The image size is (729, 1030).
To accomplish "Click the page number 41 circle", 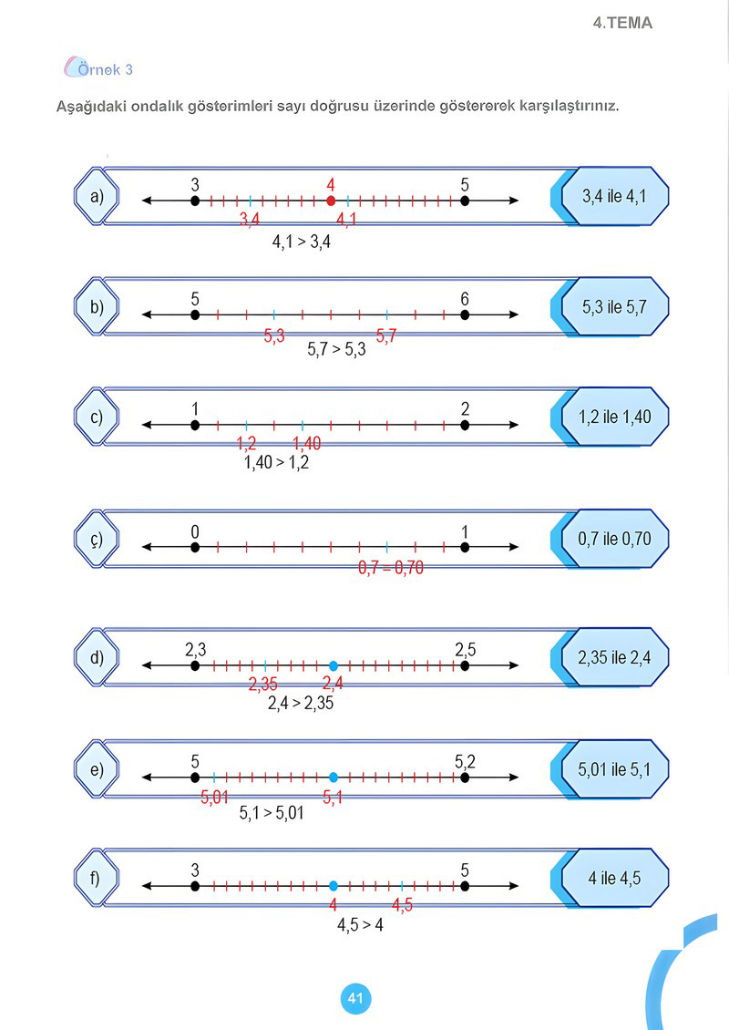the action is (x=355, y=998).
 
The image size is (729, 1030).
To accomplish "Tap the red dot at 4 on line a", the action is (x=331, y=201).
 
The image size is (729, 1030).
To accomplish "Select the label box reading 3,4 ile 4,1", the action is (x=615, y=196).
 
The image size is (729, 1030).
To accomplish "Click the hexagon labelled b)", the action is (x=97, y=307).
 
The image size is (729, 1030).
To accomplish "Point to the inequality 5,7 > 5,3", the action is (x=336, y=349).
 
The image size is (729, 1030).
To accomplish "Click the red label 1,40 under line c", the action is (x=307, y=444).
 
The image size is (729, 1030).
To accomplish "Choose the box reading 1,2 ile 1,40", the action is (x=615, y=417).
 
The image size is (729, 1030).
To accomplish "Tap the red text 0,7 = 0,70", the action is (x=391, y=568).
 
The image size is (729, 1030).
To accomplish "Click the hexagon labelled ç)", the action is (x=97, y=540).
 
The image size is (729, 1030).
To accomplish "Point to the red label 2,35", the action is (x=262, y=685).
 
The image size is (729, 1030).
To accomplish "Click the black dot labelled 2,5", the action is (x=465, y=665).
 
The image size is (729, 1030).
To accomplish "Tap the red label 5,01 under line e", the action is (x=214, y=798).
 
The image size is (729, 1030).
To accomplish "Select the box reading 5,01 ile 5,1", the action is (x=615, y=769).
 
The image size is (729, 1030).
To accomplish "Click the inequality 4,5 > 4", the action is (x=360, y=925).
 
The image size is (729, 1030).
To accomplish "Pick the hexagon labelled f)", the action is (x=97, y=879).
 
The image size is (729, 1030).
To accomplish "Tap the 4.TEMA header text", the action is (x=622, y=23).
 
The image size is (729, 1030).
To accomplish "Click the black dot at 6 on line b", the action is (x=465, y=314).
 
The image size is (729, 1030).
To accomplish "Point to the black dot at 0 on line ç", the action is (x=195, y=547).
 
